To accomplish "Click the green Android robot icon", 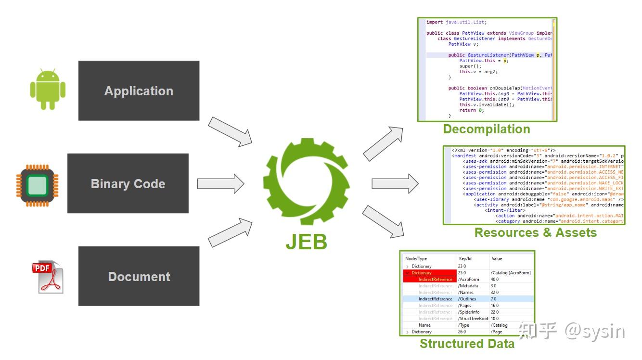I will pos(48,90).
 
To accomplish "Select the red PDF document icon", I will pos(48,277).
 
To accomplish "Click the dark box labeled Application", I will pos(139,90).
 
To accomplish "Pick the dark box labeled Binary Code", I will pos(128,183).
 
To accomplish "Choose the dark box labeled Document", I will pos(139,276).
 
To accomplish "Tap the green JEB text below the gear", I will pos(306,242).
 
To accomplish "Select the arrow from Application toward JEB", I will pos(231,130).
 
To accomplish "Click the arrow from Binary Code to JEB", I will pos(221,183).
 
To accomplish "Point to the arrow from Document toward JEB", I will pos(231,232).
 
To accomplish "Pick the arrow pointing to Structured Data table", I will pos(383,222).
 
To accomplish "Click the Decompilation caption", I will pos(486,129).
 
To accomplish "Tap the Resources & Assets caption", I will pos(535,232).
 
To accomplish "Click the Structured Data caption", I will pos(467,344).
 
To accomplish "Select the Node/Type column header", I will pos(416,258).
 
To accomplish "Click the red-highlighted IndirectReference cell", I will pos(435,279).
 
